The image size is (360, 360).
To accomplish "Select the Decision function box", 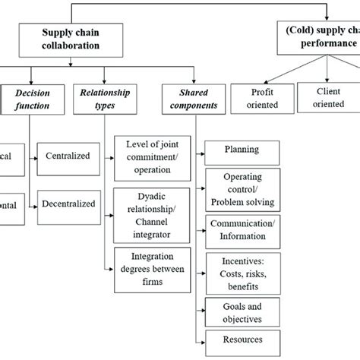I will [x=28, y=99].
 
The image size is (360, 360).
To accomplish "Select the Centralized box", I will [x=68, y=156].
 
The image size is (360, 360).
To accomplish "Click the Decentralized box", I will [x=68, y=204].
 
